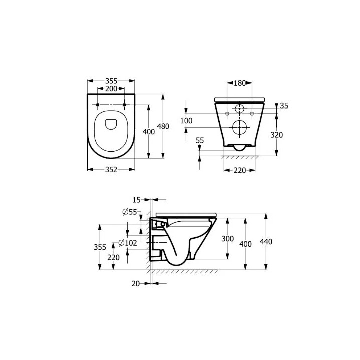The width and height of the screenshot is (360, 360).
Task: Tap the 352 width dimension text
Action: click(x=111, y=169)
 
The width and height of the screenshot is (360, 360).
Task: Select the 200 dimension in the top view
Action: click(x=111, y=88)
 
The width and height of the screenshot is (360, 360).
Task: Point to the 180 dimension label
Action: click(x=240, y=83)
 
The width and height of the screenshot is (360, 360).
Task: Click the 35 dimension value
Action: click(x=284, y=106)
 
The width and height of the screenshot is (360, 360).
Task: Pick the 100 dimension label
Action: click(x=186, y=121)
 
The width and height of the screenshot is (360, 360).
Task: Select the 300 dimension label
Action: click(x=227, y=239)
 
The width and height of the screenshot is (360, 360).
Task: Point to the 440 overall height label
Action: click(x=267, y=242)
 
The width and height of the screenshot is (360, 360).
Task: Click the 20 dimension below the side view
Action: click(x=135, y=283)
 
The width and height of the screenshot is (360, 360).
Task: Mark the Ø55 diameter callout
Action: click(x=129, y=212)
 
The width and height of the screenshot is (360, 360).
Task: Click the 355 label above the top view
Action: click(x=111, y=80)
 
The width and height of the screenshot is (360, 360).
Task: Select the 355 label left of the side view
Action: click(x=101, y=247)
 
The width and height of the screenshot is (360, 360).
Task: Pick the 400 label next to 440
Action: click(x=245, y=243)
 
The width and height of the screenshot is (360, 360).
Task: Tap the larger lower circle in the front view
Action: click(x=240, y=128)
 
